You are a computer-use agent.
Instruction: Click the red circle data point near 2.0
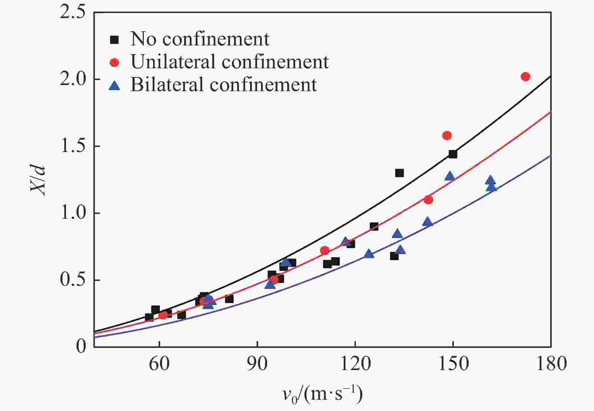(525, 77)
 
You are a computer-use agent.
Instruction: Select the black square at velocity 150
(453, 154)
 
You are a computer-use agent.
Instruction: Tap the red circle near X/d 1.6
(447, 136)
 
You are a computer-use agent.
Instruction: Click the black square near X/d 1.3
(399, 173)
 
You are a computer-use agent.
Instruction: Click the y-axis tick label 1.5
(73, 146)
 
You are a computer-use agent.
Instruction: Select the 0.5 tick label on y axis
(73, 280)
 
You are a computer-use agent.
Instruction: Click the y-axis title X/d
(38, 180)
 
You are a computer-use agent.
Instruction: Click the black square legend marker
(114, 40)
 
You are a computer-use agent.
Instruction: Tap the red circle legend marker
(114, 62)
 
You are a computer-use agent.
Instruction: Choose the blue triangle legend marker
(114, 86)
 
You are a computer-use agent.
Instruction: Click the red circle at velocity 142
(428, 200)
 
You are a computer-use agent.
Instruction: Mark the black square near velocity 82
(229, 299)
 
